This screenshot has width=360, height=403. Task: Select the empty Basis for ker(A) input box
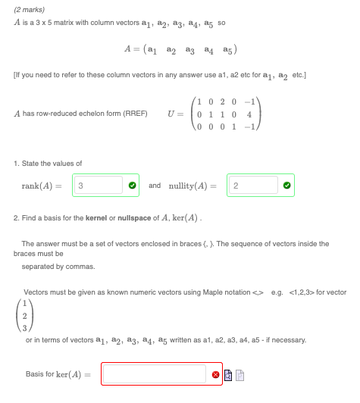(x=154, y=374)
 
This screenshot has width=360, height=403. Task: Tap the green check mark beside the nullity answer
(x=286, y=186)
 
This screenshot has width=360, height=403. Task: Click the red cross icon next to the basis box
(x=216, y=374)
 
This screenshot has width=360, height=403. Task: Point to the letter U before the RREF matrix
(x=172, y=112)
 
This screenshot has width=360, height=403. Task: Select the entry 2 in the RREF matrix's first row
(x=219, y=99)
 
